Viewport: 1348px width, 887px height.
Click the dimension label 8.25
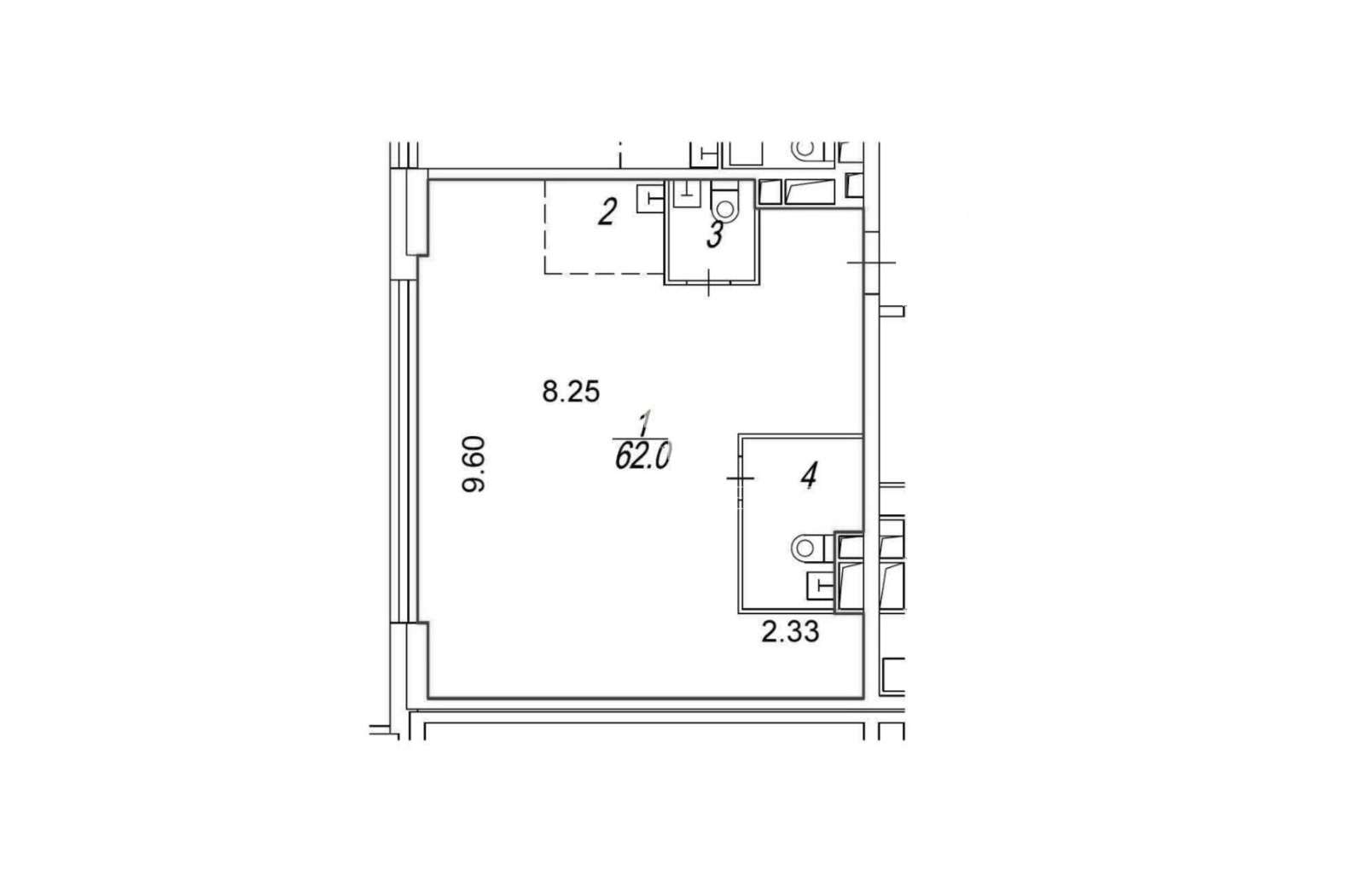point(571,392)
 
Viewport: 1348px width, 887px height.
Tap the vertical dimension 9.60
point(474,464)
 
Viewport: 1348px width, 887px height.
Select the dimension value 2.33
point(790,632)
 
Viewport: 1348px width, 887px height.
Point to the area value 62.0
point(642,455)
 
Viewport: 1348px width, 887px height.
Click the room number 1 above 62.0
point(644,424)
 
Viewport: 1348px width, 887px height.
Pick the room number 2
point(607,212)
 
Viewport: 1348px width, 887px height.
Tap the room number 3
point(715,235)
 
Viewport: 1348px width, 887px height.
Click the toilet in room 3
point(725,201)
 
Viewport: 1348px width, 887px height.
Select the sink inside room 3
point(688,194)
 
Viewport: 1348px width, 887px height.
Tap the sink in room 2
point(650,198)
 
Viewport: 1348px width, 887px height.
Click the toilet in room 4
point(812,548)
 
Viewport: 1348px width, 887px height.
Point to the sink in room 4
point(821,585)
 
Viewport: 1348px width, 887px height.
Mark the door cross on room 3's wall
point(708,283)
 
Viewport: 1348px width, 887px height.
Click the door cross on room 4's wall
point(741,478)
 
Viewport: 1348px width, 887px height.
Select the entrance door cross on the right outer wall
point(871,263)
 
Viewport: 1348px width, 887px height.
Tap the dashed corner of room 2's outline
point(545,273)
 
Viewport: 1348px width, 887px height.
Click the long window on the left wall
point(404,451)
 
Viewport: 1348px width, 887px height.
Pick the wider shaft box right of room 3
point(810,192)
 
